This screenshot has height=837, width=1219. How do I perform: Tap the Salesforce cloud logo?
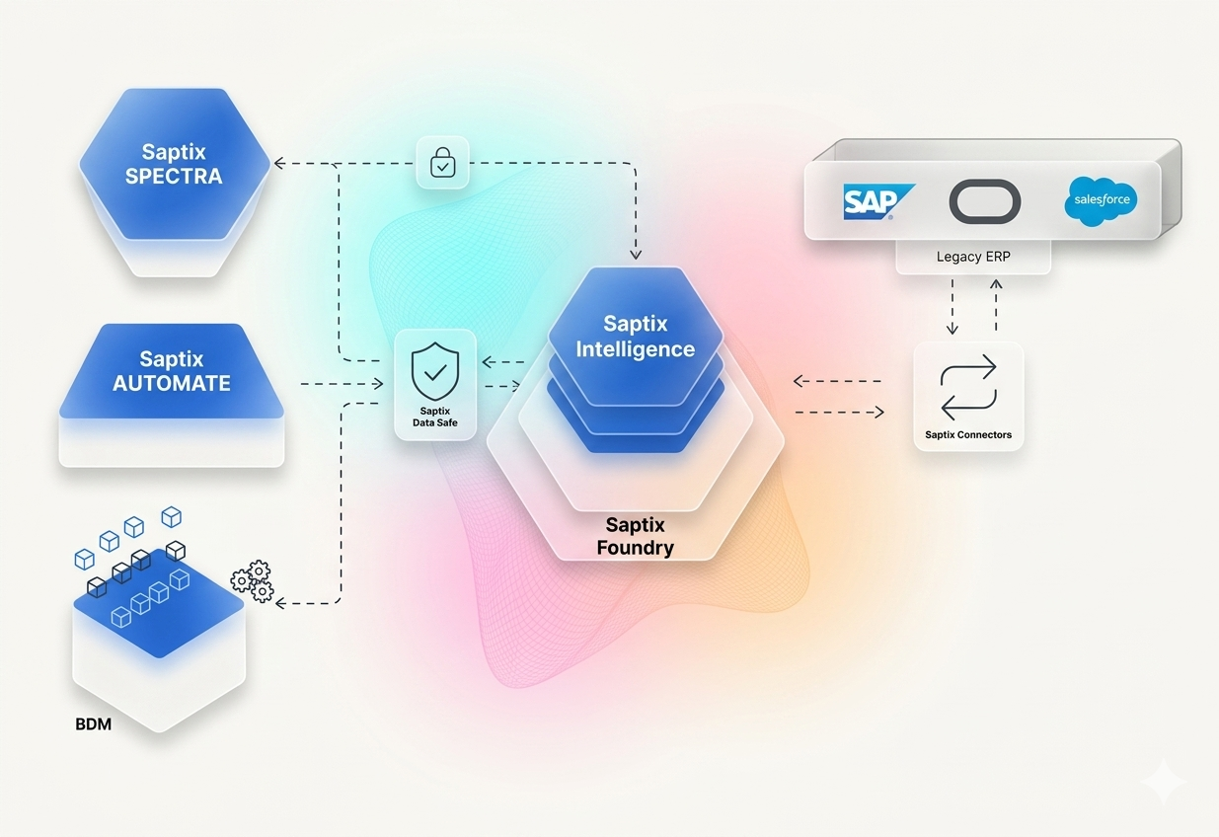click(x=1101, y=200)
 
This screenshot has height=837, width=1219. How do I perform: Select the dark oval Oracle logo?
click(x=985, y=201)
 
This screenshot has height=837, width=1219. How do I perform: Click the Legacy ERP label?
click(x=973, y=257)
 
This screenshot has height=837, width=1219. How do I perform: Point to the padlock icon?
click(x=442, y=162)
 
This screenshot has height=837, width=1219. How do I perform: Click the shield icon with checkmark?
click(x=435, y=371)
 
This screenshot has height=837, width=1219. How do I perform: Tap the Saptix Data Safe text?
click(x=435, y=417)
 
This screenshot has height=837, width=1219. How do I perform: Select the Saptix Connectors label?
click(x=968, y=435)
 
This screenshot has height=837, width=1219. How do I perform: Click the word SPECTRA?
click(x=174, y=177)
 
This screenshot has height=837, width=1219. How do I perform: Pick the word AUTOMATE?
click(x=172, y=384)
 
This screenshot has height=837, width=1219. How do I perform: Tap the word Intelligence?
click(x=635, y=349)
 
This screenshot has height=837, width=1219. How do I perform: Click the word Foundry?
click(x=635, y=548)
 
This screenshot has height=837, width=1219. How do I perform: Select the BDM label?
click(x=93, y=724)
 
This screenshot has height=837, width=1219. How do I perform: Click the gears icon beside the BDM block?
click(x=252, y=581)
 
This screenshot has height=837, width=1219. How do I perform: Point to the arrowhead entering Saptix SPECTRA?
click(x=279, y=163)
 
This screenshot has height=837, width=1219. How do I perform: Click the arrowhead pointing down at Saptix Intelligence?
click(x=635, y=254)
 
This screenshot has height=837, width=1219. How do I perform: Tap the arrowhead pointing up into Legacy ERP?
click(x=996, y=284)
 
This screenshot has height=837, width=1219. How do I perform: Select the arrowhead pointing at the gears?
click(x=280, y=603)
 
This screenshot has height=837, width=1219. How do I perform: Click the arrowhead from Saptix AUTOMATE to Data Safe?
click(x=378, y=384)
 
